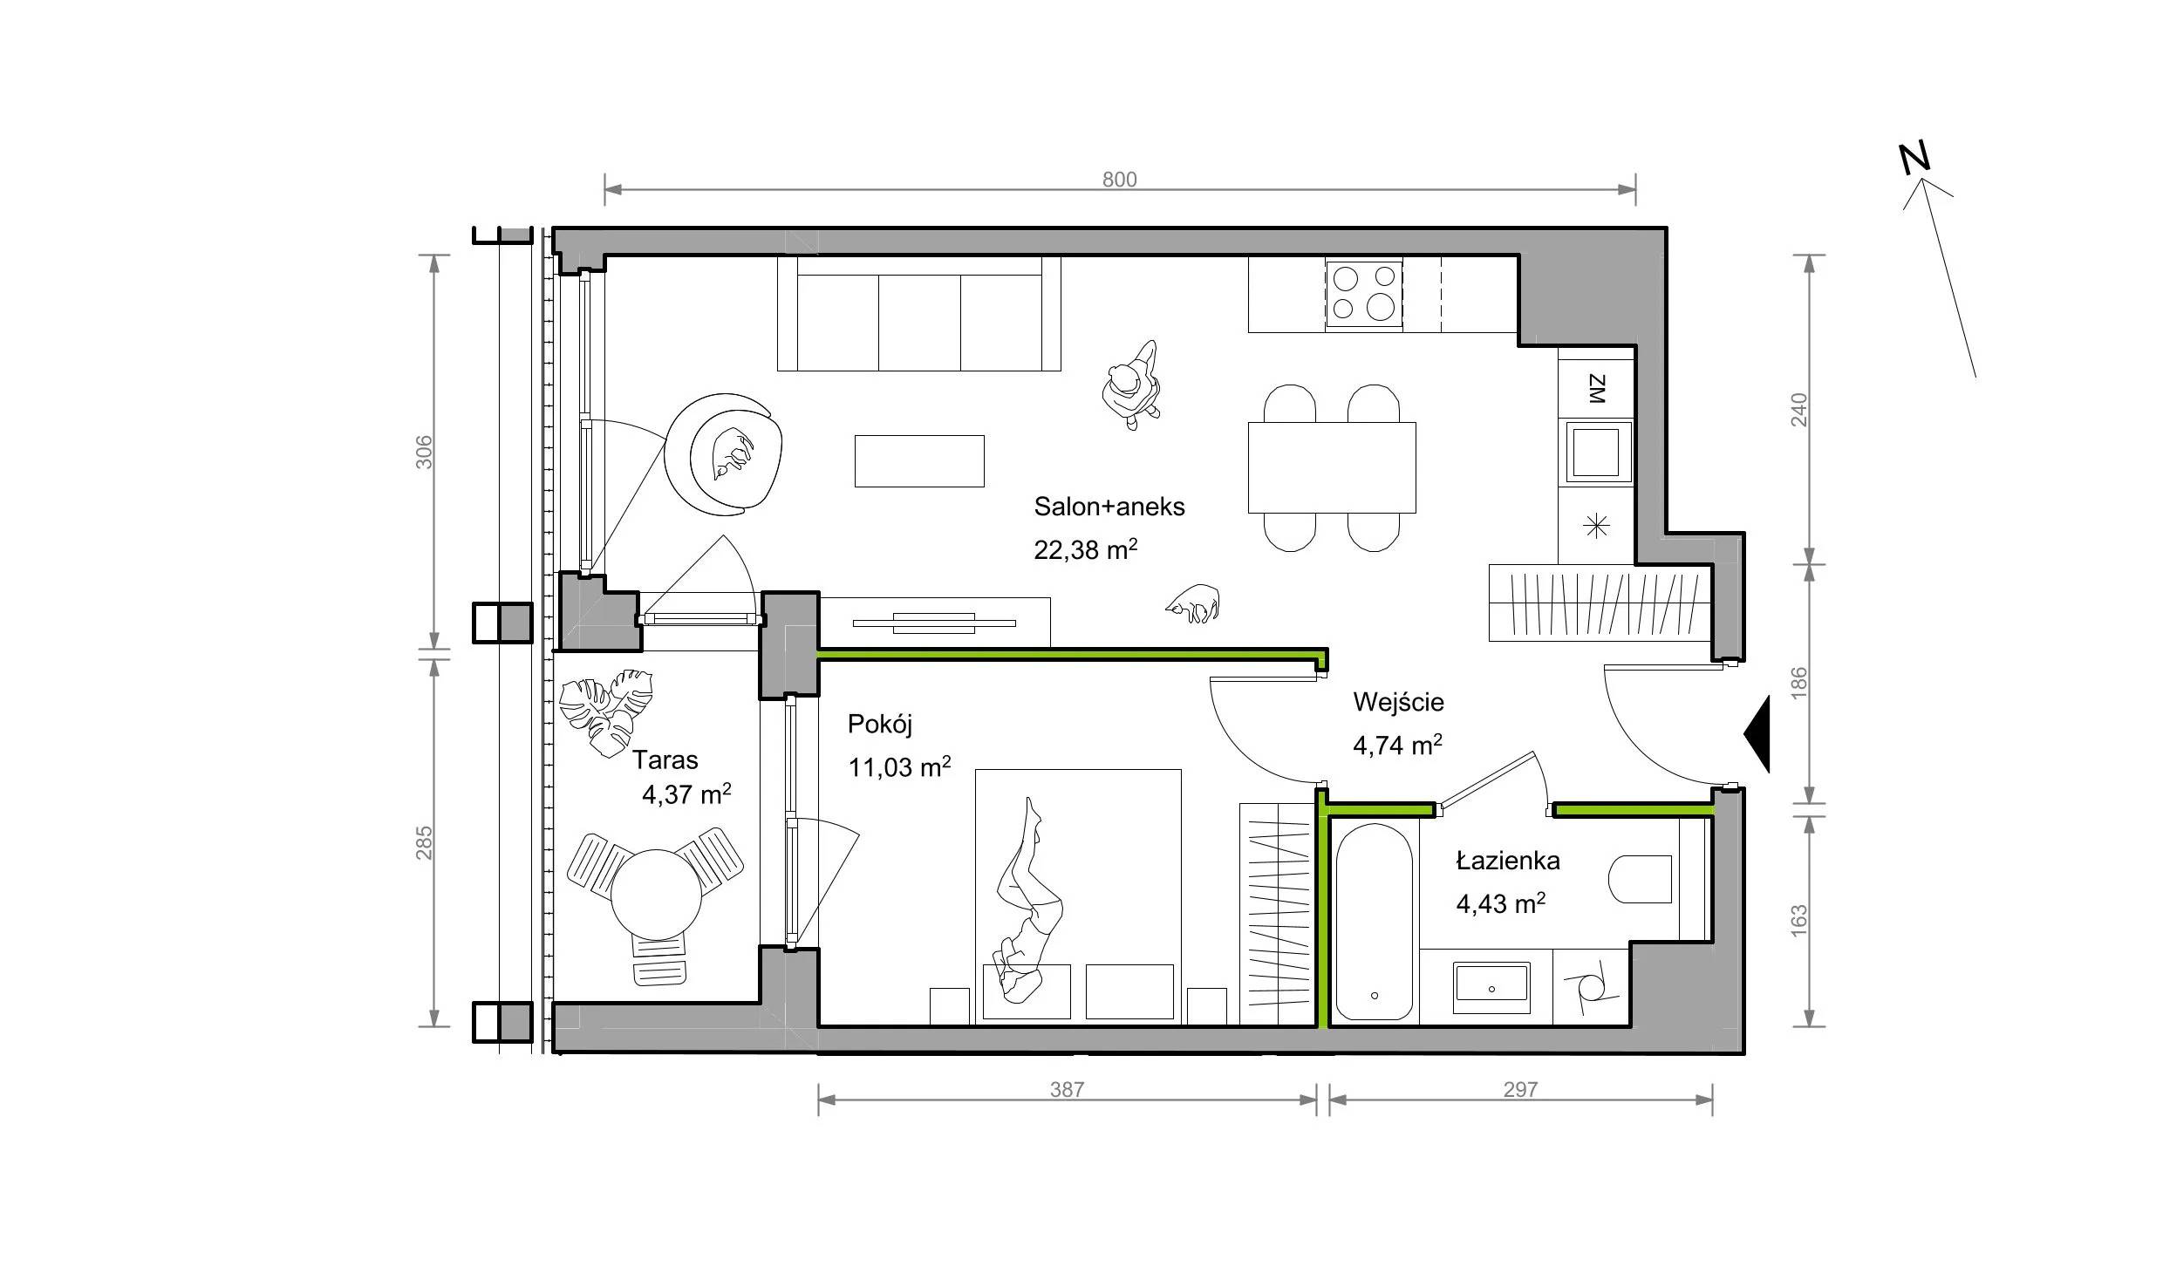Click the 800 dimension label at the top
pyautogui.click(x=1119, y=180)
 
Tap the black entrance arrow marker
pyautogui.click(x=1757, y=734)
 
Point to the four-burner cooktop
pyautogui.click(x=1364, y=294)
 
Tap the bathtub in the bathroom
pyautogui.click(x=1374, y=923)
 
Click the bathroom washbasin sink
pyautogui.click(x=1491, y=988)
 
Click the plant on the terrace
pyautogui.click(x=606, y=712)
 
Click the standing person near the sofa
pyautogui.click(x=1132, y=385)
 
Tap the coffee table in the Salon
pyautogui.click(x=919, y=461)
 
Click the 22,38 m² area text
pyautogui.click(x=1086, y=549)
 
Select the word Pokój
pyautogui.click(x=880, y=725)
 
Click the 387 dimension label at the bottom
pyautogui.click(x=1067, y=1089)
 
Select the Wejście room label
pyautogui.click(x=1398, y=702)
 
